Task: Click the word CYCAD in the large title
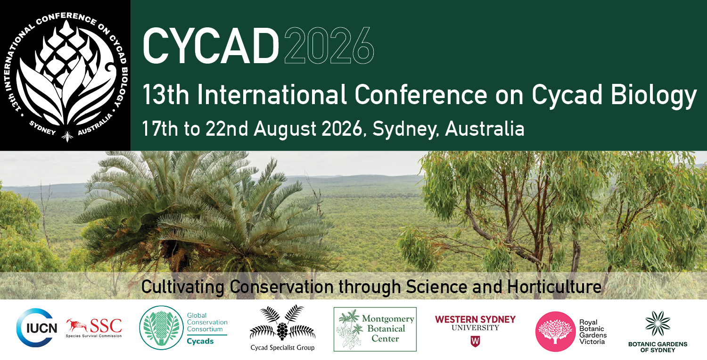click(x=211, y=46)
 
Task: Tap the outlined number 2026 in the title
click(x=329, y=46)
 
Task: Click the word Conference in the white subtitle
click(x=421, y=95)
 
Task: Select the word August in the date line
click(x=285, y=129)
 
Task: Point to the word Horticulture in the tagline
click(x=554, y=287)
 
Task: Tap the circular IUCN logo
click(x=37, y=327)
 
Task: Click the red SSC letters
click(x=106, y=326)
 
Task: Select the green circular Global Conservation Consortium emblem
click(x=161, y=327)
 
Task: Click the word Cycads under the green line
click(x=200, y=341)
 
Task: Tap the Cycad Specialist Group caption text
click(x=282, y=348)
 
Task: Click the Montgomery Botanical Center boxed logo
click(x=375, y=329)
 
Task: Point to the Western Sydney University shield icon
click(x=475, y=341)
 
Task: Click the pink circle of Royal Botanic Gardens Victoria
click(x=555, y=331)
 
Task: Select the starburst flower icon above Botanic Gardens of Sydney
click(x=658, y=323)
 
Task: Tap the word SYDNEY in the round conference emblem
click(x=42, y=128)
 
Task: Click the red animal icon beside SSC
click(x=77, y=326)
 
